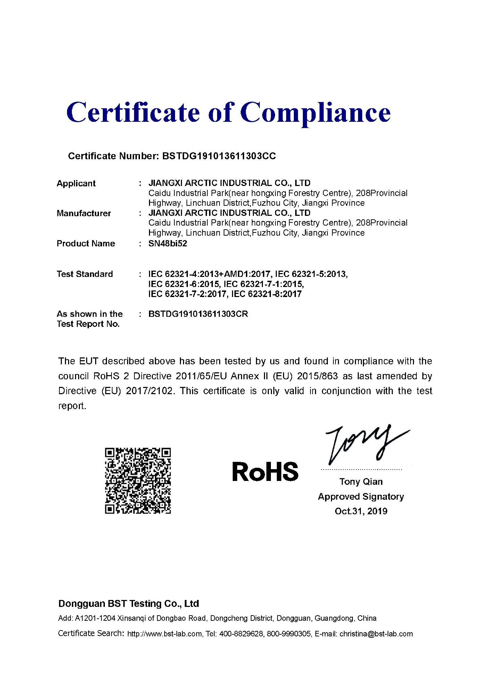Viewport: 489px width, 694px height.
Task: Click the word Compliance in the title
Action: coord(315,112)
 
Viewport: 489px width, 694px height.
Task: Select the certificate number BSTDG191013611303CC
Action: coord(219,156)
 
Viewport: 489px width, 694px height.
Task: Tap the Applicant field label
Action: coord(76,184)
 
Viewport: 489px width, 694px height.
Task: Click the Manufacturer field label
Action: coord(84,213)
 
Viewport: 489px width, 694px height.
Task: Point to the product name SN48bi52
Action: coord(168,244)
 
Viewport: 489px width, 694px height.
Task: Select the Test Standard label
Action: coord(85,274)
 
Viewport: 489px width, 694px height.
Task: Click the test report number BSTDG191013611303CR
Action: coord(198,314)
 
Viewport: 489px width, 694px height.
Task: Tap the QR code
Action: coord(138,481)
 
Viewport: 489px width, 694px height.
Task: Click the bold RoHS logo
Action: coord(265,472)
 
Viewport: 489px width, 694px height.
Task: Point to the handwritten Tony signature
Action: coord(365,444)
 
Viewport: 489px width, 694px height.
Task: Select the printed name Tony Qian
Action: coord(361,482)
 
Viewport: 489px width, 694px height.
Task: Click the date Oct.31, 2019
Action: coord(361,511)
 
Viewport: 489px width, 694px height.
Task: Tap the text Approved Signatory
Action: coord(361,497)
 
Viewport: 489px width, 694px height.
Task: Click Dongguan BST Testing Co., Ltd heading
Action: coord(129,604)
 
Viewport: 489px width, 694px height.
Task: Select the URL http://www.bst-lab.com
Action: coord(164,634)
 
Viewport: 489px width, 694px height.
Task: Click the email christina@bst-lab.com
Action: coord(376,634)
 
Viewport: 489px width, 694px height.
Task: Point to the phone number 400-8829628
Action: coord(241,634)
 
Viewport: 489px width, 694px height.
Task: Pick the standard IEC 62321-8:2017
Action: coord(266,294)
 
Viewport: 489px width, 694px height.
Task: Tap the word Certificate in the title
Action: coord(133,112)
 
